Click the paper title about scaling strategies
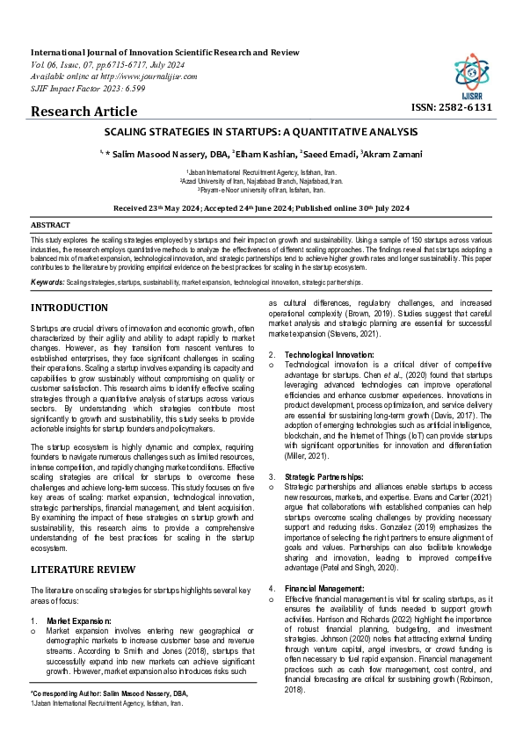click(x=262, y=133)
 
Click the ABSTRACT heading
click(x=50, y=225)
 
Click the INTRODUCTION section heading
click(x=69, y=308)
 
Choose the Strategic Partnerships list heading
click(x=324, y=475)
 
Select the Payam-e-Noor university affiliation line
click(x=261, y=189)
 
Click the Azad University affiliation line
click(x=261, y=181)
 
